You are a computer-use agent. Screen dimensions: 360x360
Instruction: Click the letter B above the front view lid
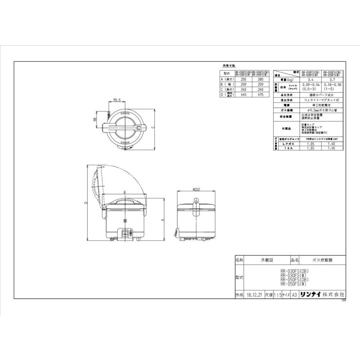(x=125, y=192)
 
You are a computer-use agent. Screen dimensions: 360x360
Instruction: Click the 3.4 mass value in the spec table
(x=311, y=80)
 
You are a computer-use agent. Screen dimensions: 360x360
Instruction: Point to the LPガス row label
(x=287, y=143)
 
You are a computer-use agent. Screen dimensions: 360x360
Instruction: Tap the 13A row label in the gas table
(x=287, y=148)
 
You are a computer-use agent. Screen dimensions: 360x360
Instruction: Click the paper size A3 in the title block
(x=294, y=294)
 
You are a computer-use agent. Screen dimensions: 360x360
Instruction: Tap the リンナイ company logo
(x=311, y=294)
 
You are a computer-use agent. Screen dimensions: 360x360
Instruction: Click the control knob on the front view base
(x=125, y=233)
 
